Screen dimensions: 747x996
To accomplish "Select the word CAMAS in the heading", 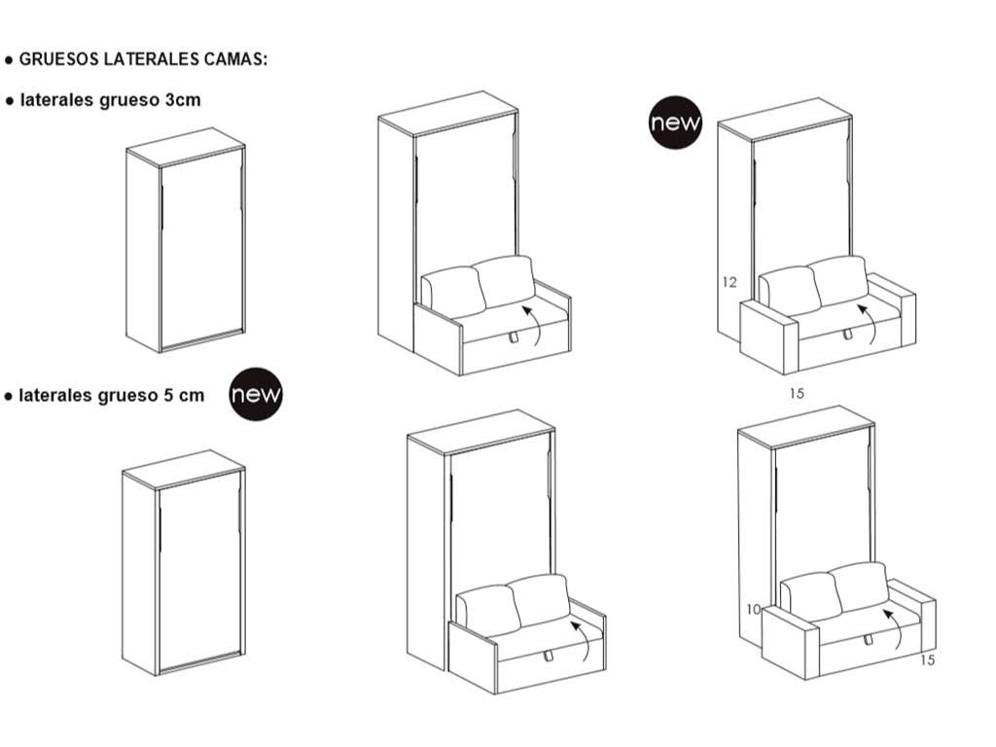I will point(234,59).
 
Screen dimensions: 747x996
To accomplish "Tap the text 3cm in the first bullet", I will point(184,100).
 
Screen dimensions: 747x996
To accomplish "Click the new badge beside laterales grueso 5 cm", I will point(256,394).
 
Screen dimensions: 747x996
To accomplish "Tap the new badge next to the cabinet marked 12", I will point(675,123).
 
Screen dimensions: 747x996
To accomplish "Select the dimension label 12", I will point(729,283).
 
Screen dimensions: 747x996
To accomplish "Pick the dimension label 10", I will point(753,610).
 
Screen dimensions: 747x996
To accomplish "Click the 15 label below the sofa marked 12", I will point(797,394).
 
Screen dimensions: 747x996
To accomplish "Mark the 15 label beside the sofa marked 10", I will point(926,660).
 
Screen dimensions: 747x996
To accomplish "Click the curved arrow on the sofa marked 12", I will point(869,322).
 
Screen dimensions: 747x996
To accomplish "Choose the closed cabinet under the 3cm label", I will point(186,248).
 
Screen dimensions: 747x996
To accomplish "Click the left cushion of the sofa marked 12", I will point(788,291).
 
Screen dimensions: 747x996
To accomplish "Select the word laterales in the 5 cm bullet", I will point(54,395).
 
